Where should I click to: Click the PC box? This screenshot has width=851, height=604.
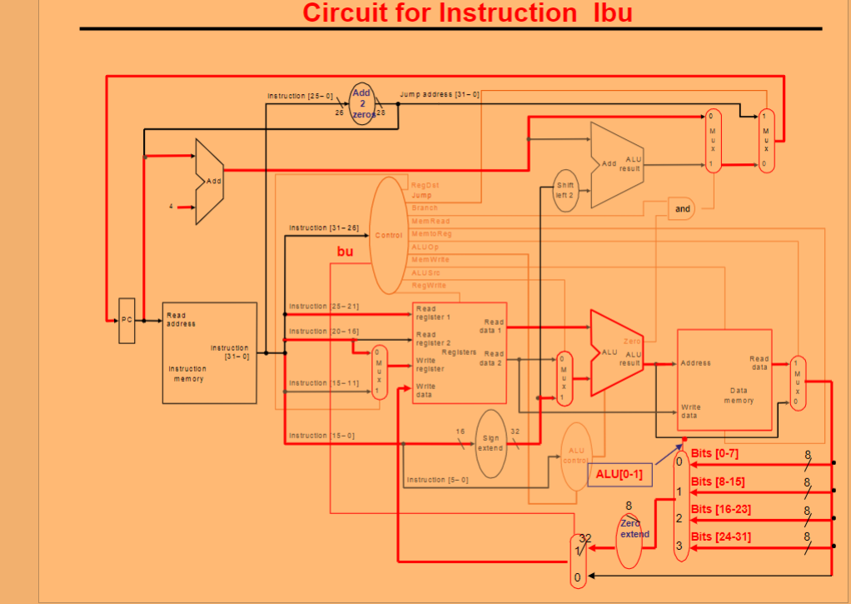click(x=127, y=320)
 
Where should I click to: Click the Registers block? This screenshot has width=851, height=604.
click(x=459, y=352)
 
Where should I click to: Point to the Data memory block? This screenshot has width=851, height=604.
click(x=724, y=379)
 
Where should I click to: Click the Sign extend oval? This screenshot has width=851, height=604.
click(x=490, y=443)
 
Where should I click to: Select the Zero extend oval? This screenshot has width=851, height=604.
click(x=634, y=529)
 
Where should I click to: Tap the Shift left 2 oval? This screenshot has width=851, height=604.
click(x=565, y=189)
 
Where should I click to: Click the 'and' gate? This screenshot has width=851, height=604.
click(x=682, y=208)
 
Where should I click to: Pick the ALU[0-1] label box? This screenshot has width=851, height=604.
click(x=619, y=474)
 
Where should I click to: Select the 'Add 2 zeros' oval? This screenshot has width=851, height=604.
click(x=363, y=103)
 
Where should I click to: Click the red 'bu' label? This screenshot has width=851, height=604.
click(x=346, y=251)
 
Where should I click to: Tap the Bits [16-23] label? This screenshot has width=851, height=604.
click(x=721, y=509)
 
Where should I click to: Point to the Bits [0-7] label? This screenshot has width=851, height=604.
click(x=714, y=453)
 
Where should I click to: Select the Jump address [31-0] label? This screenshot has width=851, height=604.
click(x=440, y=94)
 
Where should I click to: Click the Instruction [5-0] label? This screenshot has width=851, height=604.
click(x=437, y=480)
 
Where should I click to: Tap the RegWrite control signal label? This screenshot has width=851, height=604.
click(x=428, y=285)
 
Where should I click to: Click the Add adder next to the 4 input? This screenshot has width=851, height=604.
click(x=209, y=182)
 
